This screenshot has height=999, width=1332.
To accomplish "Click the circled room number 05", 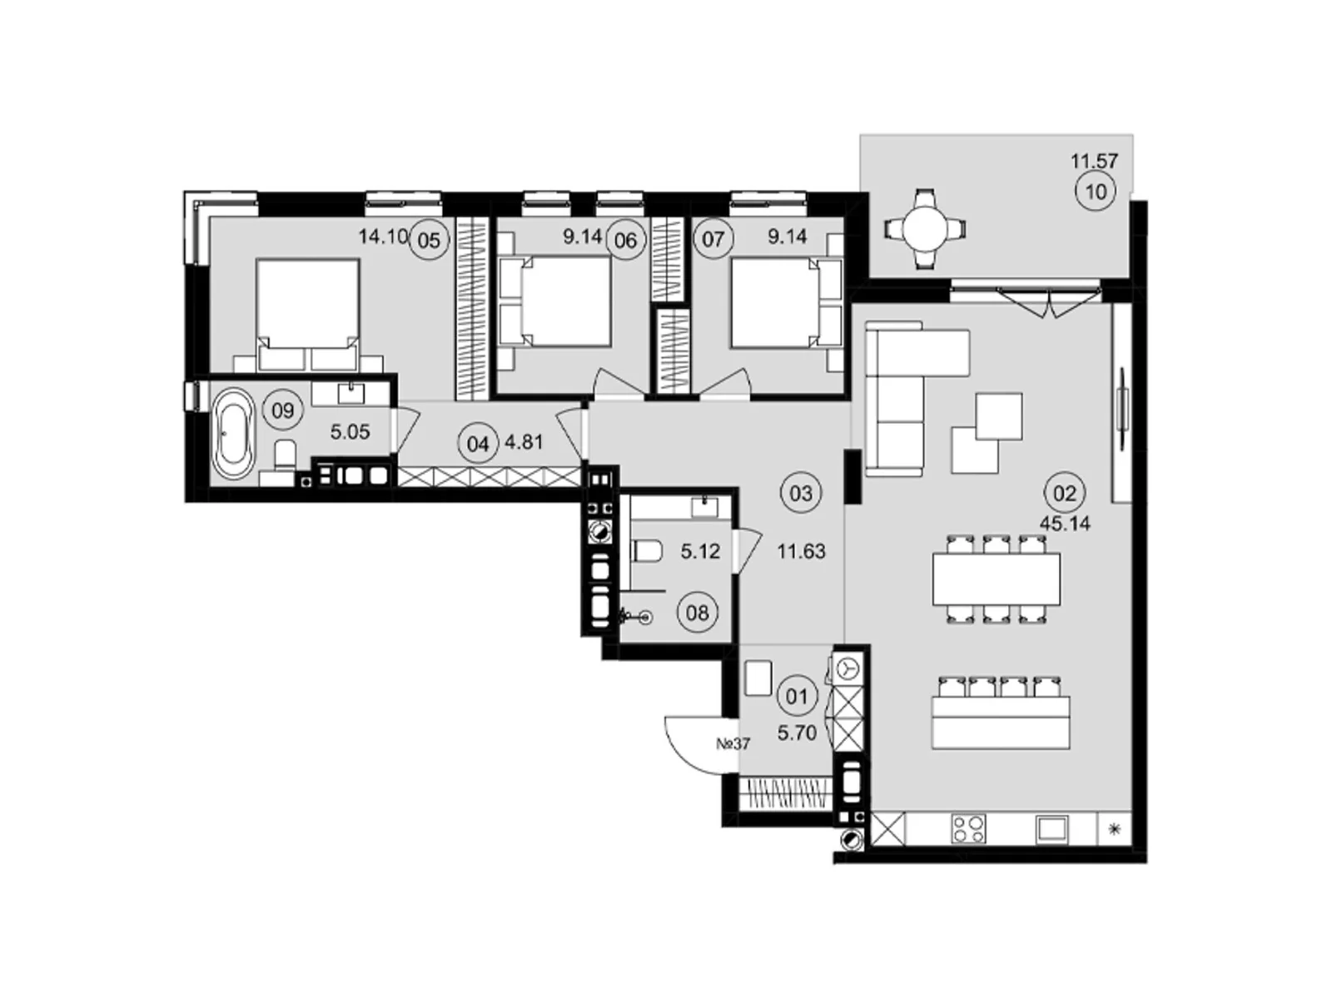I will [429, 241].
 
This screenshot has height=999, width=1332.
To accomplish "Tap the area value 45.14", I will [1065, 524].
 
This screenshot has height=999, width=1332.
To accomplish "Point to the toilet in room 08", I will [646, 551].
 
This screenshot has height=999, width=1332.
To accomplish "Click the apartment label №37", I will [733, 743].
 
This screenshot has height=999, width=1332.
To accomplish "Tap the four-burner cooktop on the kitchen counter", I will [968, 828].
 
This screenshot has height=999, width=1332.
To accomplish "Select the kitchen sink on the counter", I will [1051, 829].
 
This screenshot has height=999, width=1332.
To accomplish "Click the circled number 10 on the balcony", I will [1096, 192].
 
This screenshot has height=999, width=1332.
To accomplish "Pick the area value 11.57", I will [1094, 162].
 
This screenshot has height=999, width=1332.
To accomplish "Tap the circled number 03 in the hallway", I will [800, 494].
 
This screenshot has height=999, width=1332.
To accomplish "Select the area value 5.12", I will [699, 551].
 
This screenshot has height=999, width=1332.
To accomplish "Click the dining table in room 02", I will [996, 579].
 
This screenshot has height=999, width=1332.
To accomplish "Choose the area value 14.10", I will [383, 236].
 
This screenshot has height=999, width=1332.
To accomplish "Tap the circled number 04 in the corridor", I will [477, 444].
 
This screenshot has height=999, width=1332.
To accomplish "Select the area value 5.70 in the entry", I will [796, 733].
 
